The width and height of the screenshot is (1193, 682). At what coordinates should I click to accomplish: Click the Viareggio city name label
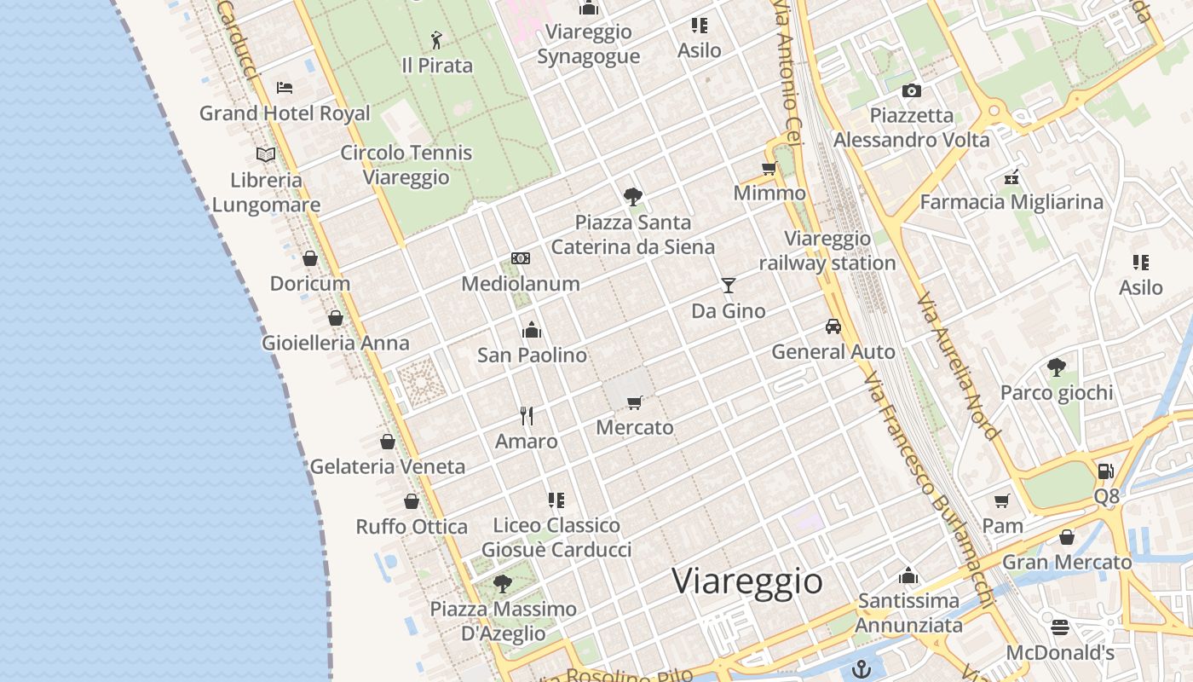[747, 581]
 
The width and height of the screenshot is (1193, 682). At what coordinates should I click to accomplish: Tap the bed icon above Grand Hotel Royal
[285, 87]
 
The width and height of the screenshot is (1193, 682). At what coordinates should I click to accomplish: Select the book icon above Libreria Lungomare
[266, 154]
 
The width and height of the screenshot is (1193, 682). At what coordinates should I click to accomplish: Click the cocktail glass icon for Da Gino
[728, 285]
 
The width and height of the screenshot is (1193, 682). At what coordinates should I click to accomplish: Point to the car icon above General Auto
[833, 326]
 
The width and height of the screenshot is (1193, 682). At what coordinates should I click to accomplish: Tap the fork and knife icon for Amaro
[527, 415]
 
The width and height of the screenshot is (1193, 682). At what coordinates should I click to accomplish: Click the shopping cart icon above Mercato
[634, 402]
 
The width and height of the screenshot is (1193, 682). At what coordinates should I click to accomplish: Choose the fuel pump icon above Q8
[1105, 471]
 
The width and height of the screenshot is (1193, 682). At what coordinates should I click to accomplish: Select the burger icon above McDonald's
[1060, 627]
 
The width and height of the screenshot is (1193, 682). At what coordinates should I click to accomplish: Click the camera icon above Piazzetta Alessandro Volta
[911, 90]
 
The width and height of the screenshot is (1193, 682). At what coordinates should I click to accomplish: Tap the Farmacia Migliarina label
[1011, 202]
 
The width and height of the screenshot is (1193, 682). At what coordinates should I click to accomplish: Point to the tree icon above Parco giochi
[1056, 367]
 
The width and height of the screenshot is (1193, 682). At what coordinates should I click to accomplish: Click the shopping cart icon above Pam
[1002, 500]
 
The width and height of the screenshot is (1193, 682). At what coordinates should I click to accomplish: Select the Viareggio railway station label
[827, 251]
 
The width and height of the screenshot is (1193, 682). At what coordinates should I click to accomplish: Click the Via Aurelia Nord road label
[958, 367]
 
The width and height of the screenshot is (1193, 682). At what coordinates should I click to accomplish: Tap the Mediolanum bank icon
[521, 258]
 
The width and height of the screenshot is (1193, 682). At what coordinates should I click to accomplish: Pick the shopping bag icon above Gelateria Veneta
[388, 442]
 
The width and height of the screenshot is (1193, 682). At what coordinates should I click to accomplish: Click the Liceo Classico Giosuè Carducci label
[556, 537]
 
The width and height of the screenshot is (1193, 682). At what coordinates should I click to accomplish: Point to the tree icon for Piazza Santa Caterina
[632, 197]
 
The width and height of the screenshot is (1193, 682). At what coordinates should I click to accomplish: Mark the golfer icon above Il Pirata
[436, 39]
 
